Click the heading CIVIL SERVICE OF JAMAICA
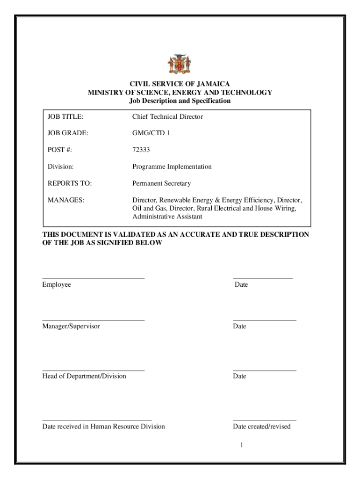180,84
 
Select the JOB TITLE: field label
68,117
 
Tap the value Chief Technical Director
167,117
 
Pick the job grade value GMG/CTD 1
151,133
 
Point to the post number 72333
141,150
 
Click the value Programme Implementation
172,167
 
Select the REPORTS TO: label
69,183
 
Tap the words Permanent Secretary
161,183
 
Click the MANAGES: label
66,200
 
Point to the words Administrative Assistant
167,217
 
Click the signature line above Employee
94,278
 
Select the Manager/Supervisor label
71,326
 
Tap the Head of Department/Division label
84,376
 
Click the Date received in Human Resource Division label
103,426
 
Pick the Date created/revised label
261,426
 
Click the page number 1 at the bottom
241,445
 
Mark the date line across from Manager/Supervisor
264,320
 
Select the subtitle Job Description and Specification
180,101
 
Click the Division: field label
61,167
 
